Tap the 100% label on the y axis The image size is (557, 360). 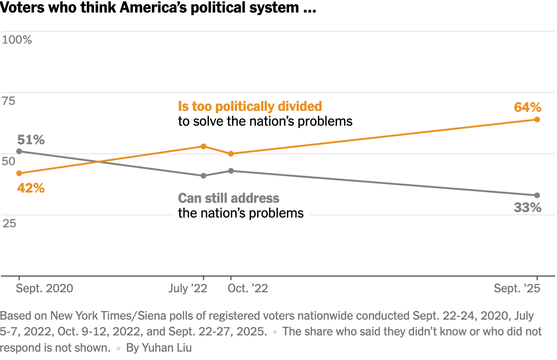tap(17, 40)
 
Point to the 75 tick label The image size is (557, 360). tap(9, 101)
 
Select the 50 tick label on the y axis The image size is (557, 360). tap(9, 161)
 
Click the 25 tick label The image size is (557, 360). tap(9, 223)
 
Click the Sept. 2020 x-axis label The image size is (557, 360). tap(45, 289)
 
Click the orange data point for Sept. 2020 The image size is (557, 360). tap(19, 173)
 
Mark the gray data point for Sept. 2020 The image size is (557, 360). tap(19, 151)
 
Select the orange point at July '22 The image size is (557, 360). tap(203, 146)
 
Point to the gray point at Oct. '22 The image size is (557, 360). tap(231, 171)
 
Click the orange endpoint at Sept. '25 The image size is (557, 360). tap(537, 119)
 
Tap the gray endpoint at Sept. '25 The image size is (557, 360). tap(537, 195)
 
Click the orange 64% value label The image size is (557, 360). tap(528, 108)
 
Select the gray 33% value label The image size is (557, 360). tap(528, 207)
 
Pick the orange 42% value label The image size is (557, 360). tap(31, 188)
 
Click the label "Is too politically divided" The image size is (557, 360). tap(250, 106)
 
